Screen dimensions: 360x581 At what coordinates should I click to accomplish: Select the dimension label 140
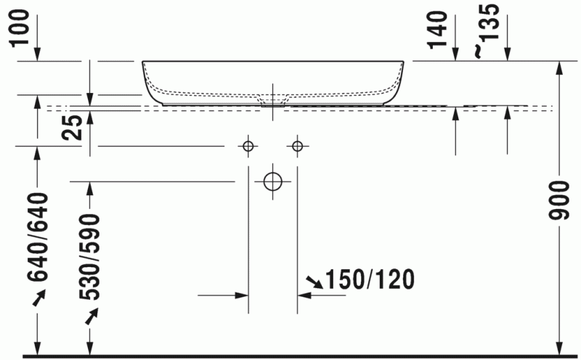(436, 31)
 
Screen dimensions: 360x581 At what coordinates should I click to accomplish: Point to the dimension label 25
(73, 128)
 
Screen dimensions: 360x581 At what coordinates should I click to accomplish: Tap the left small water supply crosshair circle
(248, 147)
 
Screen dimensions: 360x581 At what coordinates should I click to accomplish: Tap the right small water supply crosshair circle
(297, 147)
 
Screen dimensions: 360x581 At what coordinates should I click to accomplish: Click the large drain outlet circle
(272, 181)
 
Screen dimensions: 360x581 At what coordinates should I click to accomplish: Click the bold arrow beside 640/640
(38, 297)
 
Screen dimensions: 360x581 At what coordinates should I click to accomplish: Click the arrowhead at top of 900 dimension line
(560, 67)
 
